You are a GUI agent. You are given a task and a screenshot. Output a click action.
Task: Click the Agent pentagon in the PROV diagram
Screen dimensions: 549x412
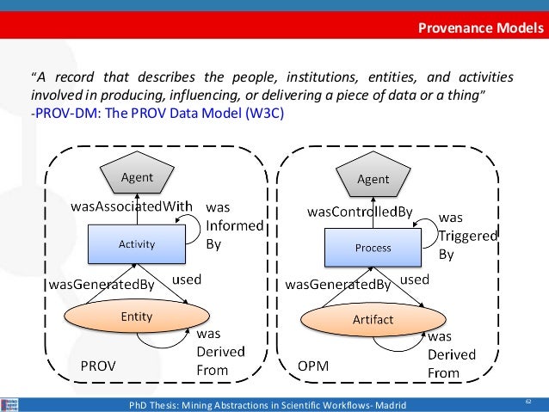point(136,178)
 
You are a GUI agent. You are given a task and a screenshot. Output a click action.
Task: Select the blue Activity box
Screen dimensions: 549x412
point(136,243)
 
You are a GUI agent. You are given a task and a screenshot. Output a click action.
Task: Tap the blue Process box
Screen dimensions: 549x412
point(373,248)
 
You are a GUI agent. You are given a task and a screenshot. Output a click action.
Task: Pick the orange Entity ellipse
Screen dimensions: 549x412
point(136,317)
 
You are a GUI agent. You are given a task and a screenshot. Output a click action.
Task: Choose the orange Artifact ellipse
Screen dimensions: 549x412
point(373,320)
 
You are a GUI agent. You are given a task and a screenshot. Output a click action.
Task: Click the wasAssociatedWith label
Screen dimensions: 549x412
point(131,206)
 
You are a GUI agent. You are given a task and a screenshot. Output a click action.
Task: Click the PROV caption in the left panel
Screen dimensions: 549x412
point(99,366)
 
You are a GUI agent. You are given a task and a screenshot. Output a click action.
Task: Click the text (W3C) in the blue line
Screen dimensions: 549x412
point(261,113)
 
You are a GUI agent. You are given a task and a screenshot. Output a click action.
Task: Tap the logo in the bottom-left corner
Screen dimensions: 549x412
point(9,403)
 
